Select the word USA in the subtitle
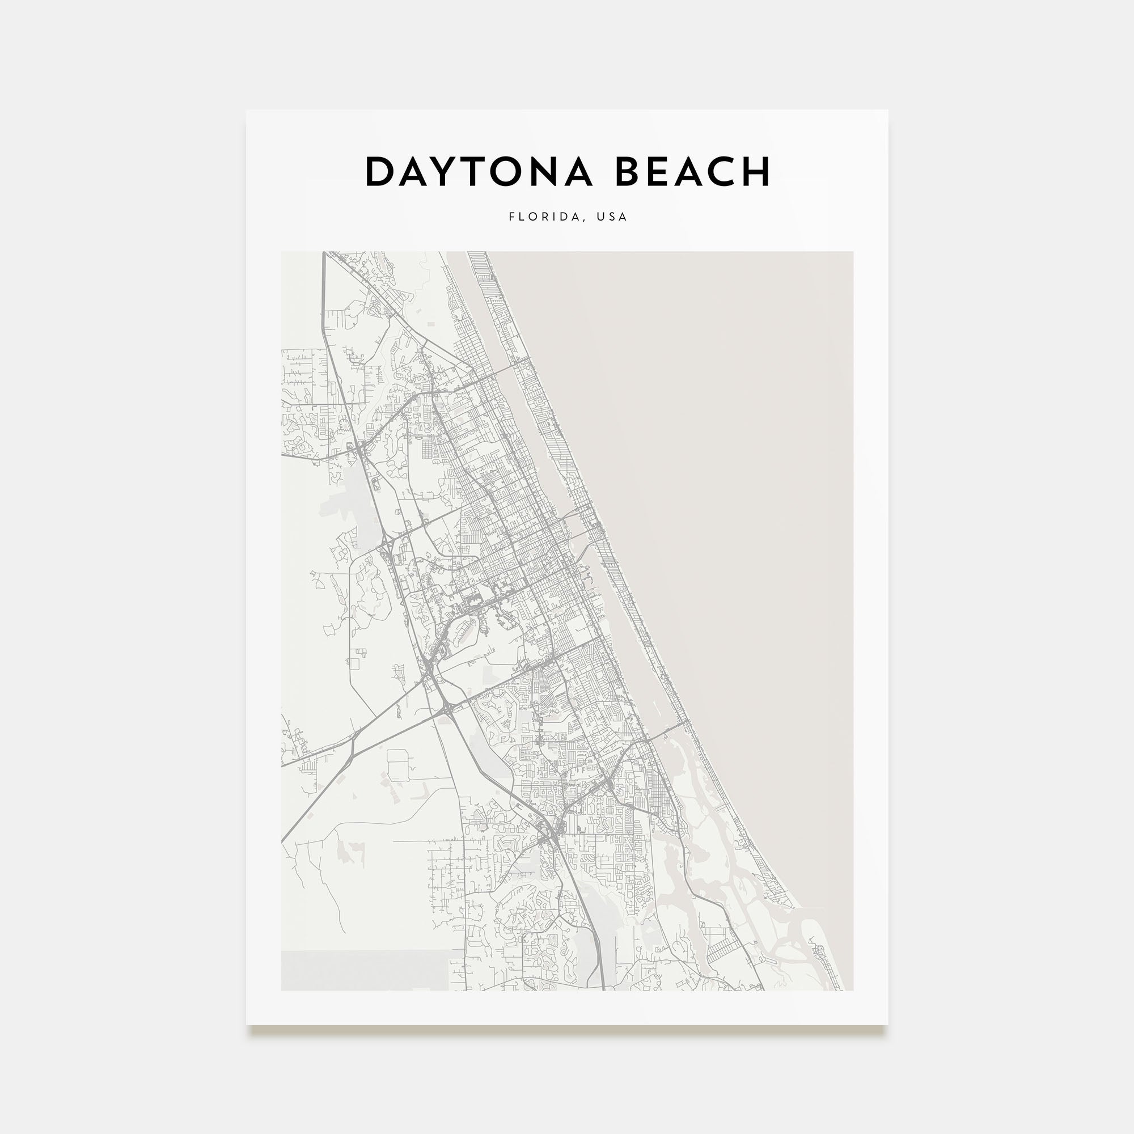612,217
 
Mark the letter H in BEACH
757,172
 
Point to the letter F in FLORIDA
512,217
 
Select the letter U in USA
600,217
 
